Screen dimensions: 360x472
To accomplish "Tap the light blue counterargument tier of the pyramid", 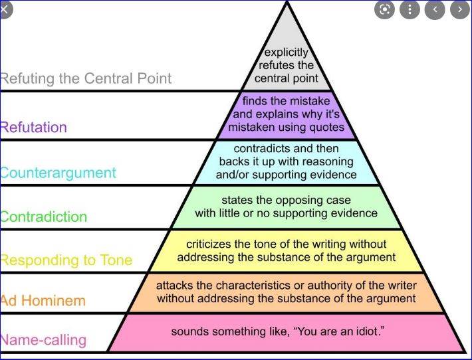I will click(286, 162).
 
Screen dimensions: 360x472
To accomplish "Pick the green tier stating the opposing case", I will click(286, 207).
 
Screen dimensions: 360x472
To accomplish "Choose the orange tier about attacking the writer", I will click(286, 292).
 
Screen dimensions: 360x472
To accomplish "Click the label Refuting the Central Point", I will click(86, 78).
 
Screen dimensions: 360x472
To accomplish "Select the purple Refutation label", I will click(33, 127).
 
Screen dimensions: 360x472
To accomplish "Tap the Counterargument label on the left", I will click(59, 173).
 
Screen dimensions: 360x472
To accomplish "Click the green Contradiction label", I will click(44, 217).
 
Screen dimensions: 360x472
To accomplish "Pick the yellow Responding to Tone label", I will click(66, 260).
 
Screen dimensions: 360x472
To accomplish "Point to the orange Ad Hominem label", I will click(44, 300).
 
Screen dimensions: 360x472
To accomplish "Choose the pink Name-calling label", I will click(44, 340).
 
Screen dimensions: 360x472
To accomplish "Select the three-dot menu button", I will click(410, 9).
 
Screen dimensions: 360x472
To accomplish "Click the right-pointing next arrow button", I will click(459, 9).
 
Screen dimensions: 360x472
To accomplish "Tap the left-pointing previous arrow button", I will click(435, 9).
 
